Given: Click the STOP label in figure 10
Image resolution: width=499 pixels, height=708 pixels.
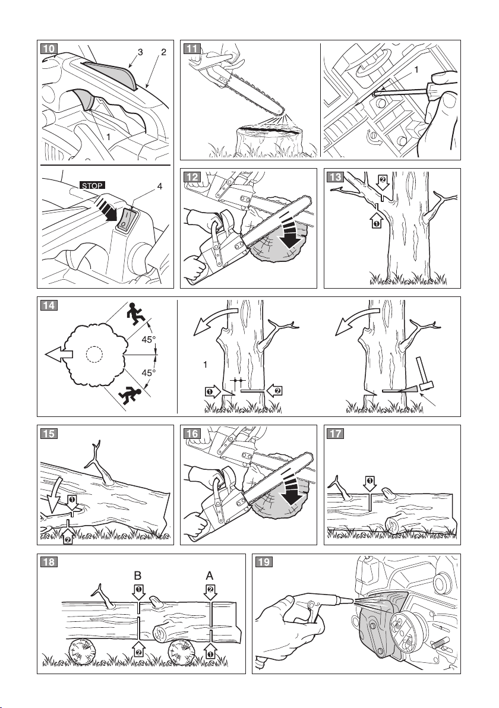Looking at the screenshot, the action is point(92,185).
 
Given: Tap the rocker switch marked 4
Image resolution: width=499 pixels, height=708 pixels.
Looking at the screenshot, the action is point(127,220).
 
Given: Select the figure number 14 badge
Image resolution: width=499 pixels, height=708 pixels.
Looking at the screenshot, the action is point(49,305).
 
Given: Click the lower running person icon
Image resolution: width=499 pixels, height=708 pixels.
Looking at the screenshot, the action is point(130,395).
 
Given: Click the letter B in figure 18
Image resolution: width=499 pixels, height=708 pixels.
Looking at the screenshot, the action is point(138,576).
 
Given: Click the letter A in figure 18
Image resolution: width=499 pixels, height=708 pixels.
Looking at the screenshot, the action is point(210,576).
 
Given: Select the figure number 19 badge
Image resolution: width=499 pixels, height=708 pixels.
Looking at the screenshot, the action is point(264,562).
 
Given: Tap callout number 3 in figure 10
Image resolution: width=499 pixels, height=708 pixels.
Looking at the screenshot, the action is point(140,52).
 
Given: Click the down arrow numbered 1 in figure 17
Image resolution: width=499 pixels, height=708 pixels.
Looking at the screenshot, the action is point(370,483).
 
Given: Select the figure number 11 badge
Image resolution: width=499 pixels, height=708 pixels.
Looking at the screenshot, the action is point(192,48).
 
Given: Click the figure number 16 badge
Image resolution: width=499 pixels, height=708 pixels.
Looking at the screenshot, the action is point(192,434).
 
